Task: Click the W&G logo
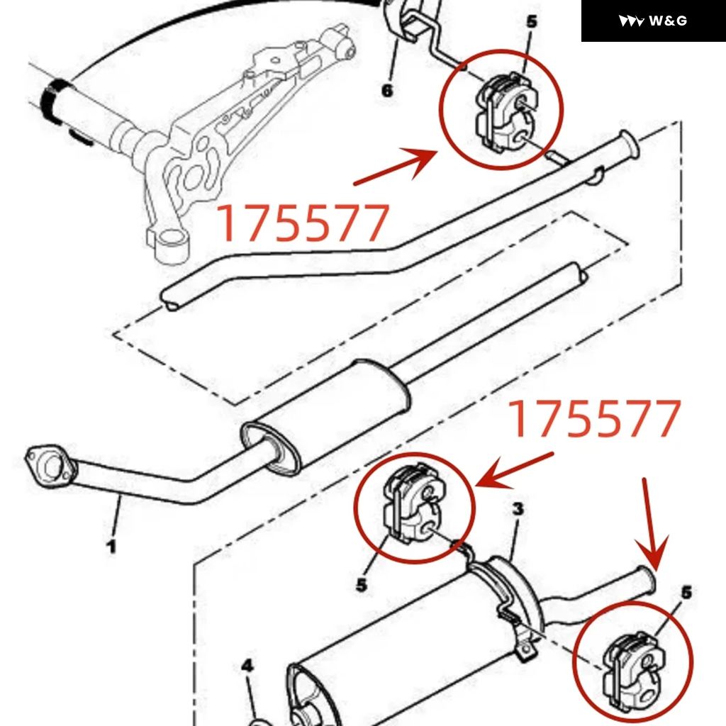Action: [652, 21]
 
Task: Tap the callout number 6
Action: [387, 90]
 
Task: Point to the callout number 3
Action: [518, 508]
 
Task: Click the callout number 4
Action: [247, 666]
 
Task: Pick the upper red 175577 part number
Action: [303, 223]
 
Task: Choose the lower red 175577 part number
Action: [596, 419]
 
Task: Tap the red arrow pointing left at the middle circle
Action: [514, 471]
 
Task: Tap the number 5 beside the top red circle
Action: [532, 21]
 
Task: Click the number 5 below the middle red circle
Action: [362, 585]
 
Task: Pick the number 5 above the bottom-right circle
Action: [686, 592]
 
